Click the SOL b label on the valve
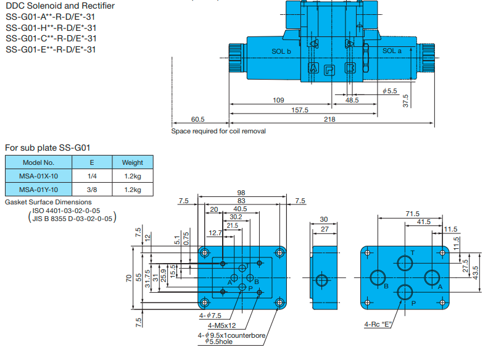coord(281,51)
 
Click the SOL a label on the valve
coord(392,51)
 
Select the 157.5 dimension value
coord(300,110)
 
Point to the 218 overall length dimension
coord(329,119)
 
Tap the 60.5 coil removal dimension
coord(198,119)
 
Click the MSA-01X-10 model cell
coord(39,176)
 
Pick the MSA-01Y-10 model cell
coord(39,189)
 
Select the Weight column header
coord(133,162)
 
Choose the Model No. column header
coord(39,162)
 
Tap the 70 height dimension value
coord(129,278)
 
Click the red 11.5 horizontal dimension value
coord(451,229)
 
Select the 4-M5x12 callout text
coord(222,325)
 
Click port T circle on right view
coord(405,264)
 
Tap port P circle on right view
coord(405,292)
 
